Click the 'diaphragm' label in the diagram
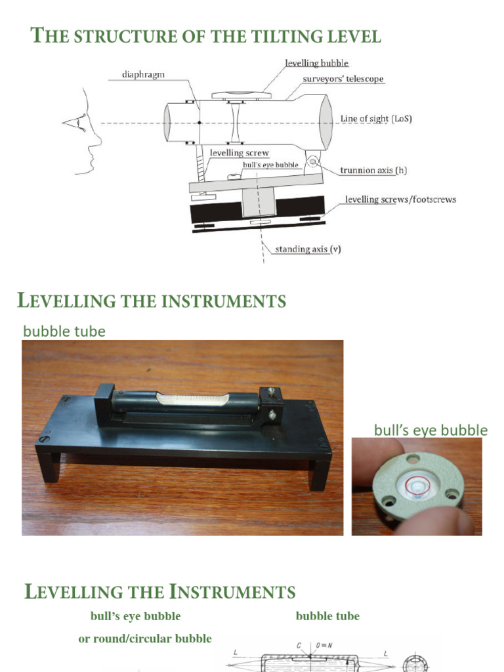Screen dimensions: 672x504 click(x=142, y=74)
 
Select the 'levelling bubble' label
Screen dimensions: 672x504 click(x=316, y=64)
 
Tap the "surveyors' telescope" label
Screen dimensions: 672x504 click(x=343, y=79)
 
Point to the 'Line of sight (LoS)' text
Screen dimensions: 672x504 click(x=376, y=119)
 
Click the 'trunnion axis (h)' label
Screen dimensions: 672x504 click(x=373, y=170)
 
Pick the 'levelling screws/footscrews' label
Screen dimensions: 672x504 click(x=400, y=199)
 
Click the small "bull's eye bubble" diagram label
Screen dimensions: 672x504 click(x=270, y=164)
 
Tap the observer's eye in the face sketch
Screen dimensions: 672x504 click(x=80, y=120)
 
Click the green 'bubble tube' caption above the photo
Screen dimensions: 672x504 click(x=64, y=331)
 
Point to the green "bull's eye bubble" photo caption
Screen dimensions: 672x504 click(x=430, y=430)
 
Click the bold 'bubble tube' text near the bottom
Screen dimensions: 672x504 click(x=327, y=616)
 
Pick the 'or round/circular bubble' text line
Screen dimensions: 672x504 click(x=145, y=639)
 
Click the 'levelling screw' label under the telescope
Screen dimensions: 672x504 click(x=239, y=153)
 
